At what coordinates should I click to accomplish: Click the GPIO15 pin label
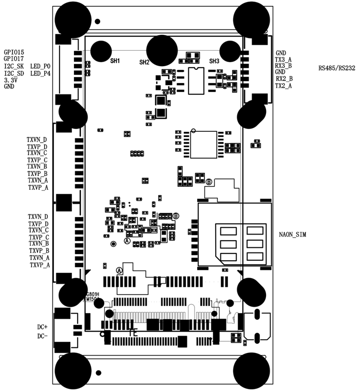click(x=13, y=52)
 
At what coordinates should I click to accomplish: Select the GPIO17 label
click(x=13, y=60)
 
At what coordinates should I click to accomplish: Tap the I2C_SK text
click(x=14, y=67)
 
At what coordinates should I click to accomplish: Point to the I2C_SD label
click(x=14, y=74)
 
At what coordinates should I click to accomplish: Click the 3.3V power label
click(x=10, y=81)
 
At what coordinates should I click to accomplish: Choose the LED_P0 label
click(x=41, y=67)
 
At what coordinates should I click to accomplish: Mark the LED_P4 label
click(x=41, y=74)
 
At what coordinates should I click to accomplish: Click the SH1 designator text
click(x=115, y=61)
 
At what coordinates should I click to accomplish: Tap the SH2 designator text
click(x=144, y=62)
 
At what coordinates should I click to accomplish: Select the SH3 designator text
click(x=214, y=61)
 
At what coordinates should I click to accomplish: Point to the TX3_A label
click(x=283, y=60)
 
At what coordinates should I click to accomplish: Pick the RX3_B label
click(x=283, y=66)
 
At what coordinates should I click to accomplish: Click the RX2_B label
click(x=284, y=79)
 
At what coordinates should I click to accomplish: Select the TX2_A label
click(x=283, y=86)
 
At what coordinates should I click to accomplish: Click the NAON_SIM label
click(x=293, y=234)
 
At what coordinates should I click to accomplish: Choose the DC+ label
click(x=42, y=327)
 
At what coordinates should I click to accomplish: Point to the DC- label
click(x=42, y=336)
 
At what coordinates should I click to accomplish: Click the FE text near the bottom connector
click(x=133, y=333)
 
